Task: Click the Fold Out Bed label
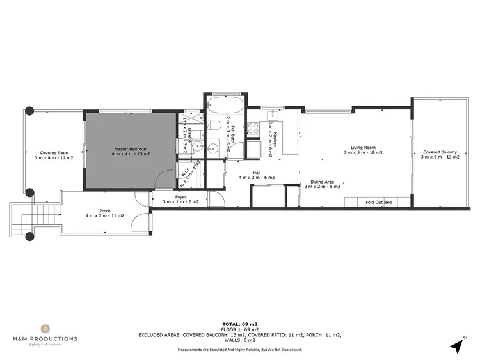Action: [x=378, y=202]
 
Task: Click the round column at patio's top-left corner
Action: [x=29, y=110]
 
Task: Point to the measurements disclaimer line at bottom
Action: [x=240, y=350]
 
